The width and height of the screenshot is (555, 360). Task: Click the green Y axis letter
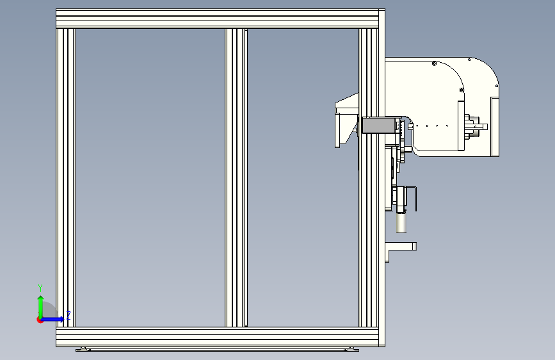(40, 288)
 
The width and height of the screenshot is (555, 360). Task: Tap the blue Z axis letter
(68, 315)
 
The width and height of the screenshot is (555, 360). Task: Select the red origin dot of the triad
(40, 319)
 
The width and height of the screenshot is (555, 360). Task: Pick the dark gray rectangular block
(380, 125)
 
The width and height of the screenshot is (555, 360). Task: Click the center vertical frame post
(236, 177)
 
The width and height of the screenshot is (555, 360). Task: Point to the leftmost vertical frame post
(66, 177)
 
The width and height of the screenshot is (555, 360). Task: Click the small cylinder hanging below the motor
(402, 223)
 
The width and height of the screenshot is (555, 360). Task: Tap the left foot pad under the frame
(81, 349)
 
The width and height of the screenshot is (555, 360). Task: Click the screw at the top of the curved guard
(435, 63)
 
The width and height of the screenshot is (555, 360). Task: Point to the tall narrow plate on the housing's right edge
(494, 126)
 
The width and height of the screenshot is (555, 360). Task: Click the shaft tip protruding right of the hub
(483, 126)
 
